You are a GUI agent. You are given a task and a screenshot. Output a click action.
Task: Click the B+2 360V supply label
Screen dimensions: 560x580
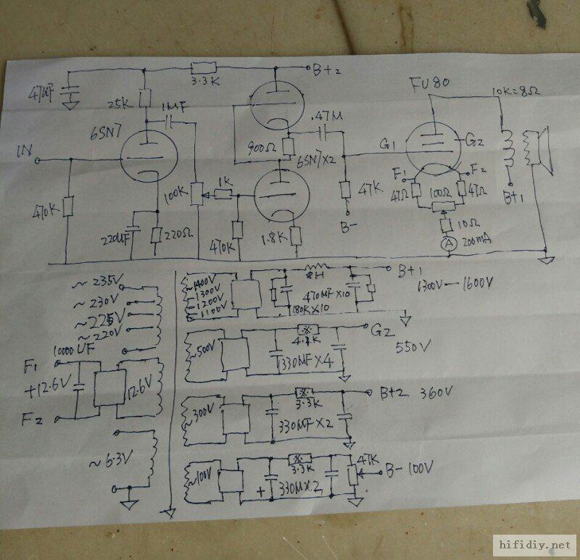pyautogui.click(x=417, y=393)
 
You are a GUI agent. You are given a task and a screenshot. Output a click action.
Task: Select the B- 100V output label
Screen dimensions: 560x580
pyautogui.click(x=410, y=470)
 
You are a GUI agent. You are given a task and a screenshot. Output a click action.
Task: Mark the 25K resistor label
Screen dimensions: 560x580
pyautogui.click(x=124, y=102)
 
